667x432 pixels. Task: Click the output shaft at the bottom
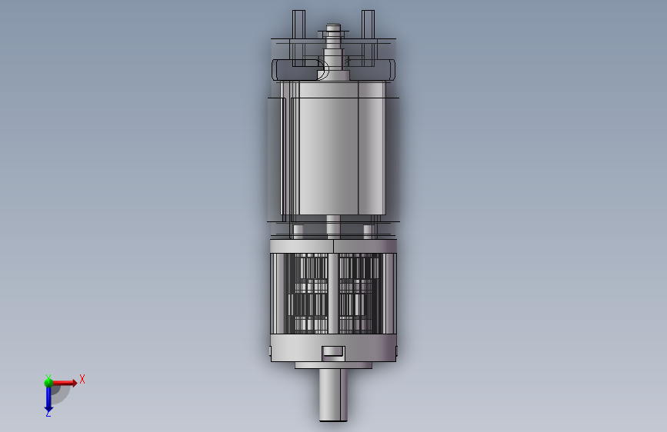tap(333, 395)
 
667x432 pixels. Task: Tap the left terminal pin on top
tap(298, 38)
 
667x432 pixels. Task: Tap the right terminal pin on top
tap(368, 38)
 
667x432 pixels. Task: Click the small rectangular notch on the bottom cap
tap(332, 351)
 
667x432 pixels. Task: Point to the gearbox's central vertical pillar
tap(333, 294)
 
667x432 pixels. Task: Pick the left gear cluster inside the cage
tap(308, 294)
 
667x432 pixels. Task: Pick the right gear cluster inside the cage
tap(359, 294)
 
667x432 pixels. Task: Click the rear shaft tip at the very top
tap(334, 28)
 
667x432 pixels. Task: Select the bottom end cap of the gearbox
tap(334, 347)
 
